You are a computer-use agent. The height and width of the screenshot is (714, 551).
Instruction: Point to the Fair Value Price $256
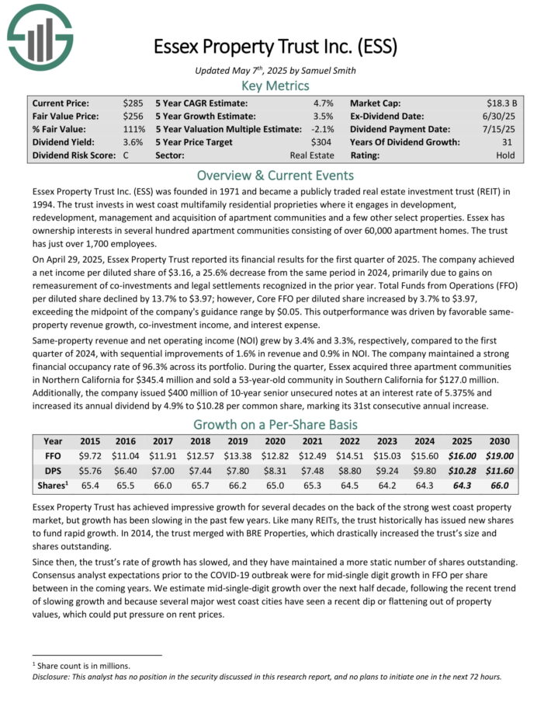pos(133,117)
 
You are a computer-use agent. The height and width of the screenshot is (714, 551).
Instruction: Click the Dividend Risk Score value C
pos(126,155)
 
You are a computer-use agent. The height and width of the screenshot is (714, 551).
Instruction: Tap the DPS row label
pos(54,472)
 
